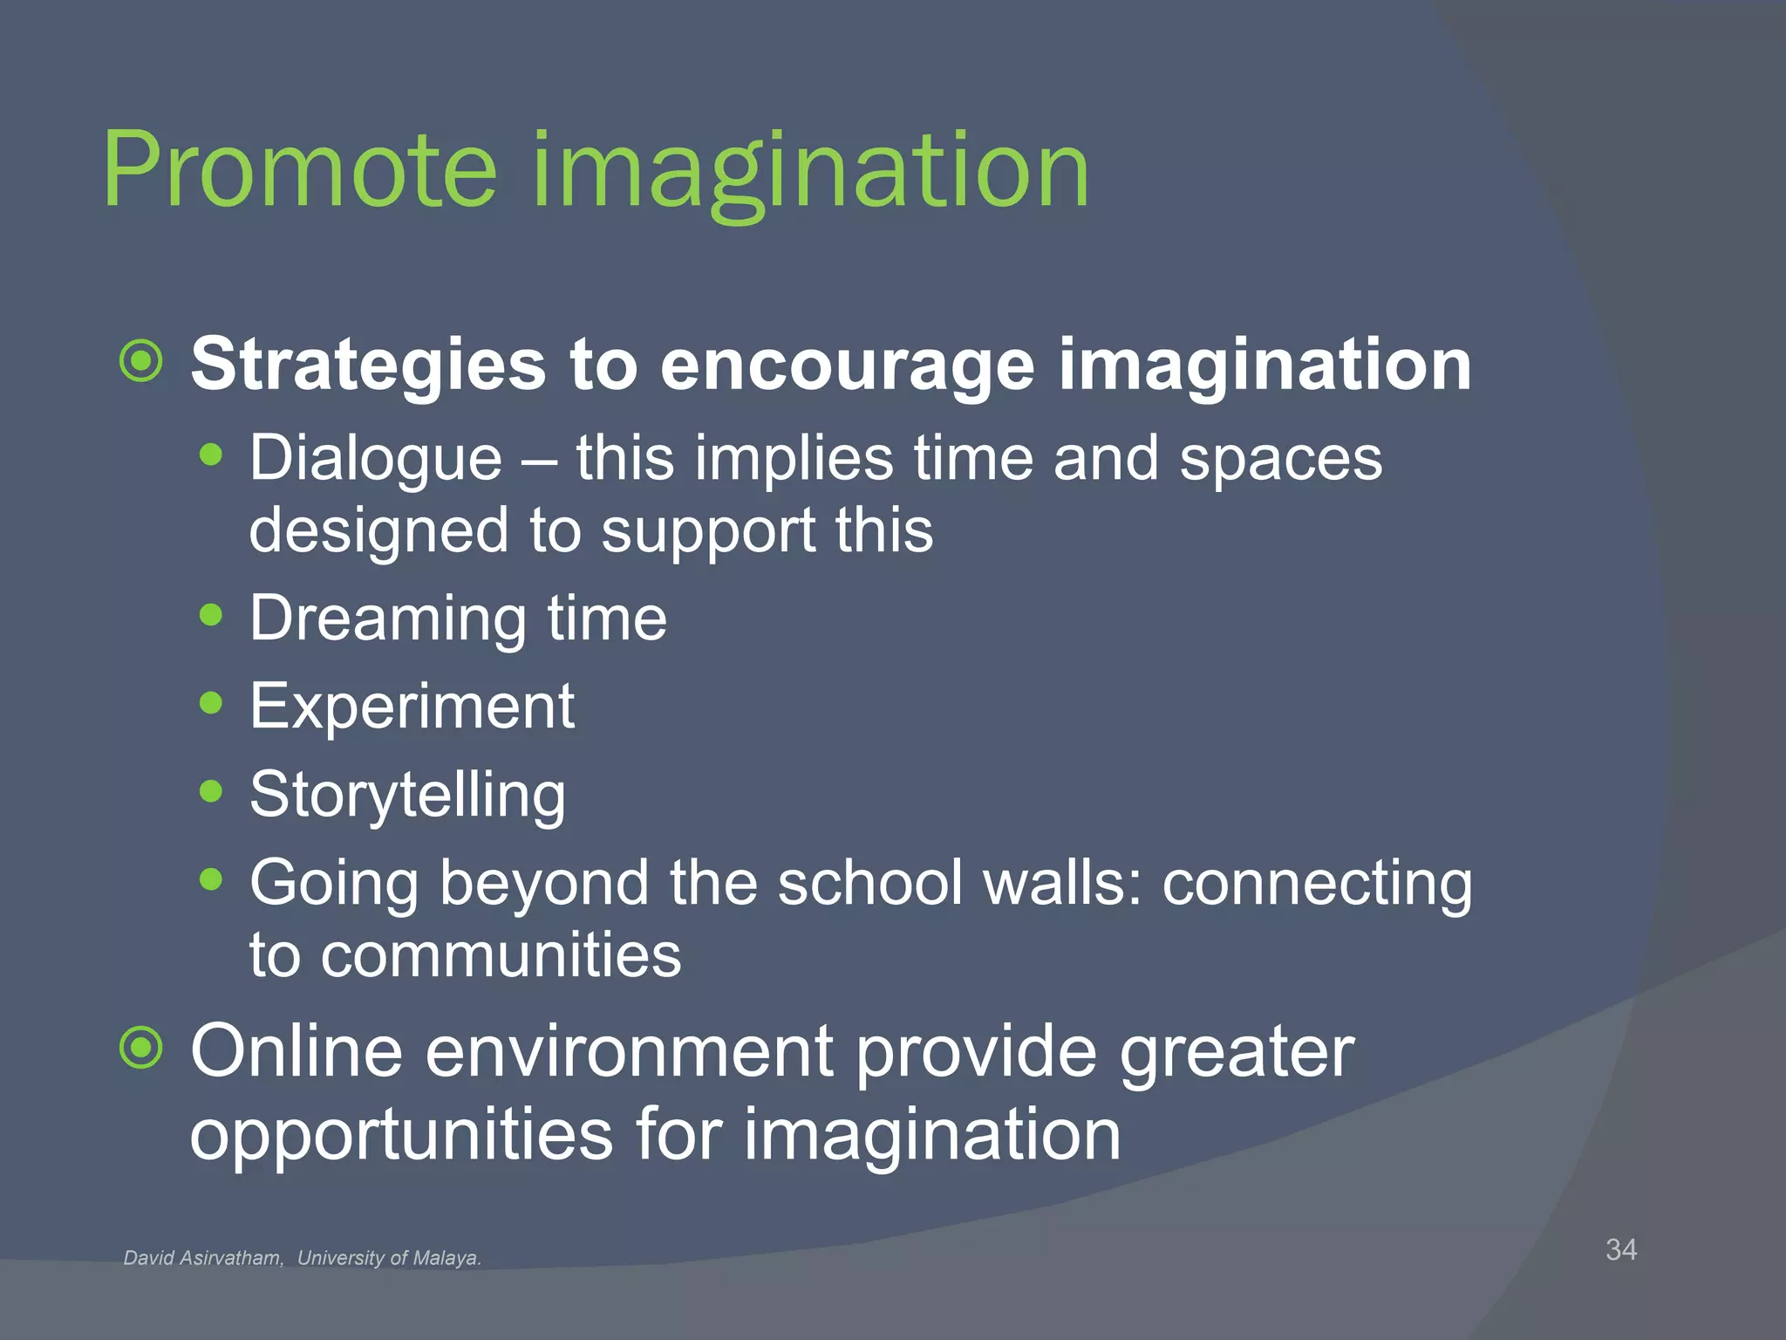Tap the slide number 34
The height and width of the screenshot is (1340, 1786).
(1620, 1249)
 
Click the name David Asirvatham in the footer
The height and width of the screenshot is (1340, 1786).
(202, 1258)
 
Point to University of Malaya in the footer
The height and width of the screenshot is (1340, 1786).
(389, 1258)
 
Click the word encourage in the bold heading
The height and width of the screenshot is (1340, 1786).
(847, 365)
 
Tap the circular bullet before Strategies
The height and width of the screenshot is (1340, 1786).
(141, 361)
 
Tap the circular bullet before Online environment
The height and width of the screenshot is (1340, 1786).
(141, 1048)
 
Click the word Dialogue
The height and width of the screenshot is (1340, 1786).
(376, 459)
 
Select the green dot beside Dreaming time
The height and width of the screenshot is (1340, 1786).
(211, 615)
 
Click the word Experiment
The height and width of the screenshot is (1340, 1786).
(412, 706)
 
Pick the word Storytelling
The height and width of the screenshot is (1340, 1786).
(407, 795)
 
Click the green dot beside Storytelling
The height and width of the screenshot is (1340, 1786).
(211, 791)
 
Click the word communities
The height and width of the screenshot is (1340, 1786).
(501, 954)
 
